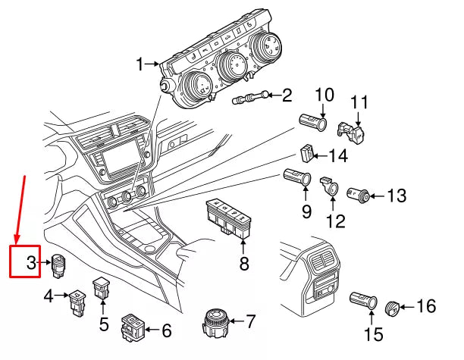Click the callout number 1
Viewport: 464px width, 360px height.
(x=140, y=66)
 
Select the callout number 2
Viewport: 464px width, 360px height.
(x=287, y=95)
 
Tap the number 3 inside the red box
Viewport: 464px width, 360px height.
(x=31, y=264)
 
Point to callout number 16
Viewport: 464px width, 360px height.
(x=426, y=306)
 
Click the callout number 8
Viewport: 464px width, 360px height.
(x=244, y=264)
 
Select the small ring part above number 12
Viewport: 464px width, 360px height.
(x=332, y=185)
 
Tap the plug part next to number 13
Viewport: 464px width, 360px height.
(x=359, y=196)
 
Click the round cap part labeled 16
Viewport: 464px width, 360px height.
(x=393, y=308)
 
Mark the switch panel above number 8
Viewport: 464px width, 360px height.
(x=230, y=219)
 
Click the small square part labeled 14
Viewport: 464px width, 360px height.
(x=308, y=153)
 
